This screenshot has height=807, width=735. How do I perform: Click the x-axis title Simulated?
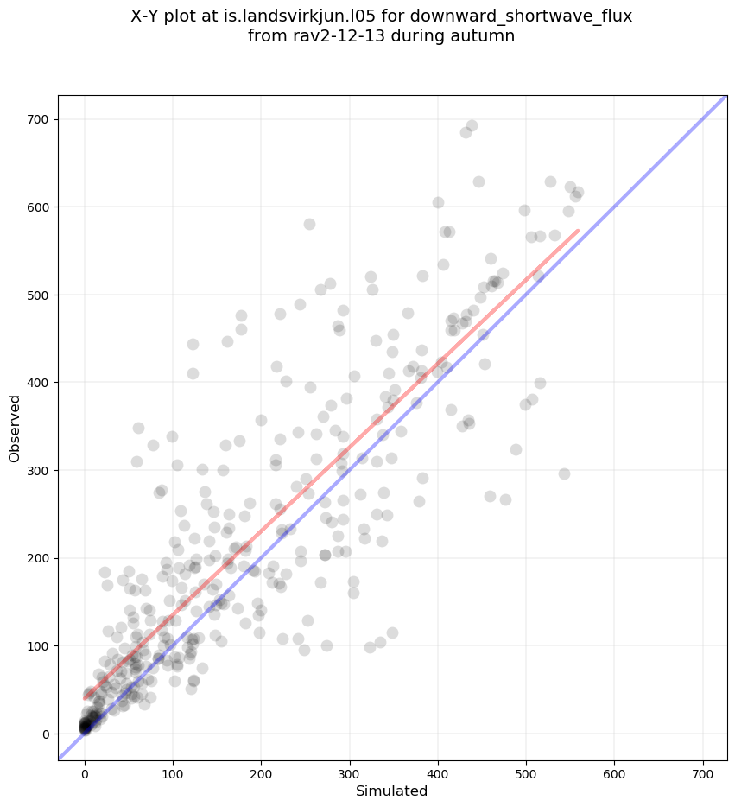point(392,791)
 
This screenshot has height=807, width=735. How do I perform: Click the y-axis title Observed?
point(15,428)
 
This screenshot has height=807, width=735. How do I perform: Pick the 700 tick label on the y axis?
point(41,119)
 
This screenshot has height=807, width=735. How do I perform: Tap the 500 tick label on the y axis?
point(41,295)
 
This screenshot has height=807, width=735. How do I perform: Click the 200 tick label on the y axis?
point(41,558)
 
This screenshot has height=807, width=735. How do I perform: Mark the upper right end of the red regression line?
point(579,231)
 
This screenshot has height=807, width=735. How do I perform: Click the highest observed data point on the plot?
point(472,125)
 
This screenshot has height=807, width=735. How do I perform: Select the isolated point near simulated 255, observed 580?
point(309,224)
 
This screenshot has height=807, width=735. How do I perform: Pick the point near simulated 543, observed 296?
point(564,473)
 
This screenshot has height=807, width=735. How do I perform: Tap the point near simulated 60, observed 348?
point(138,428)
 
